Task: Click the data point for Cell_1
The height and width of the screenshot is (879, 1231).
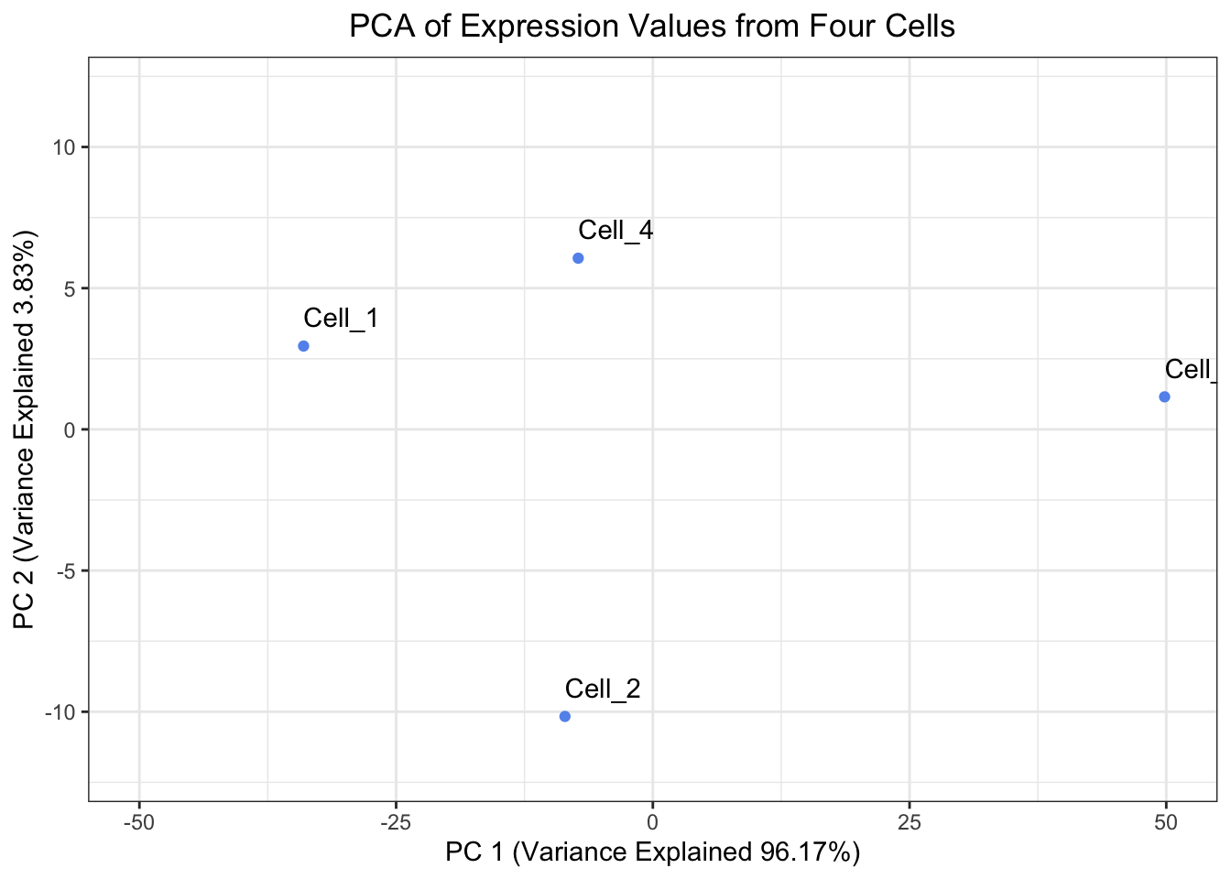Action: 303,346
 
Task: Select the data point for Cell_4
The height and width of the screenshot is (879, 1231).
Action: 578,258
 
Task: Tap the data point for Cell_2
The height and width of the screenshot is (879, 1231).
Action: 564,716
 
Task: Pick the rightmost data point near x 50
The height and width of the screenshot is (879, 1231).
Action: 1164,396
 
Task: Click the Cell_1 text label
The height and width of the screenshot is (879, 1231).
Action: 341,319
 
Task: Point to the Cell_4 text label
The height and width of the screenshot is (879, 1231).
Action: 615,231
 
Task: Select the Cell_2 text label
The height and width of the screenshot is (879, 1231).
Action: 602,689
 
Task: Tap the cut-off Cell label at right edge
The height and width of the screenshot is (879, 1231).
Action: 1192,370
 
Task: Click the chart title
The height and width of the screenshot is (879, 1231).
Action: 652,26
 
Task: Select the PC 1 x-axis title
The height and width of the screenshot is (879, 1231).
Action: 652,852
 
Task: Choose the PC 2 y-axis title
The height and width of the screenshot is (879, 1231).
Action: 25,430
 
